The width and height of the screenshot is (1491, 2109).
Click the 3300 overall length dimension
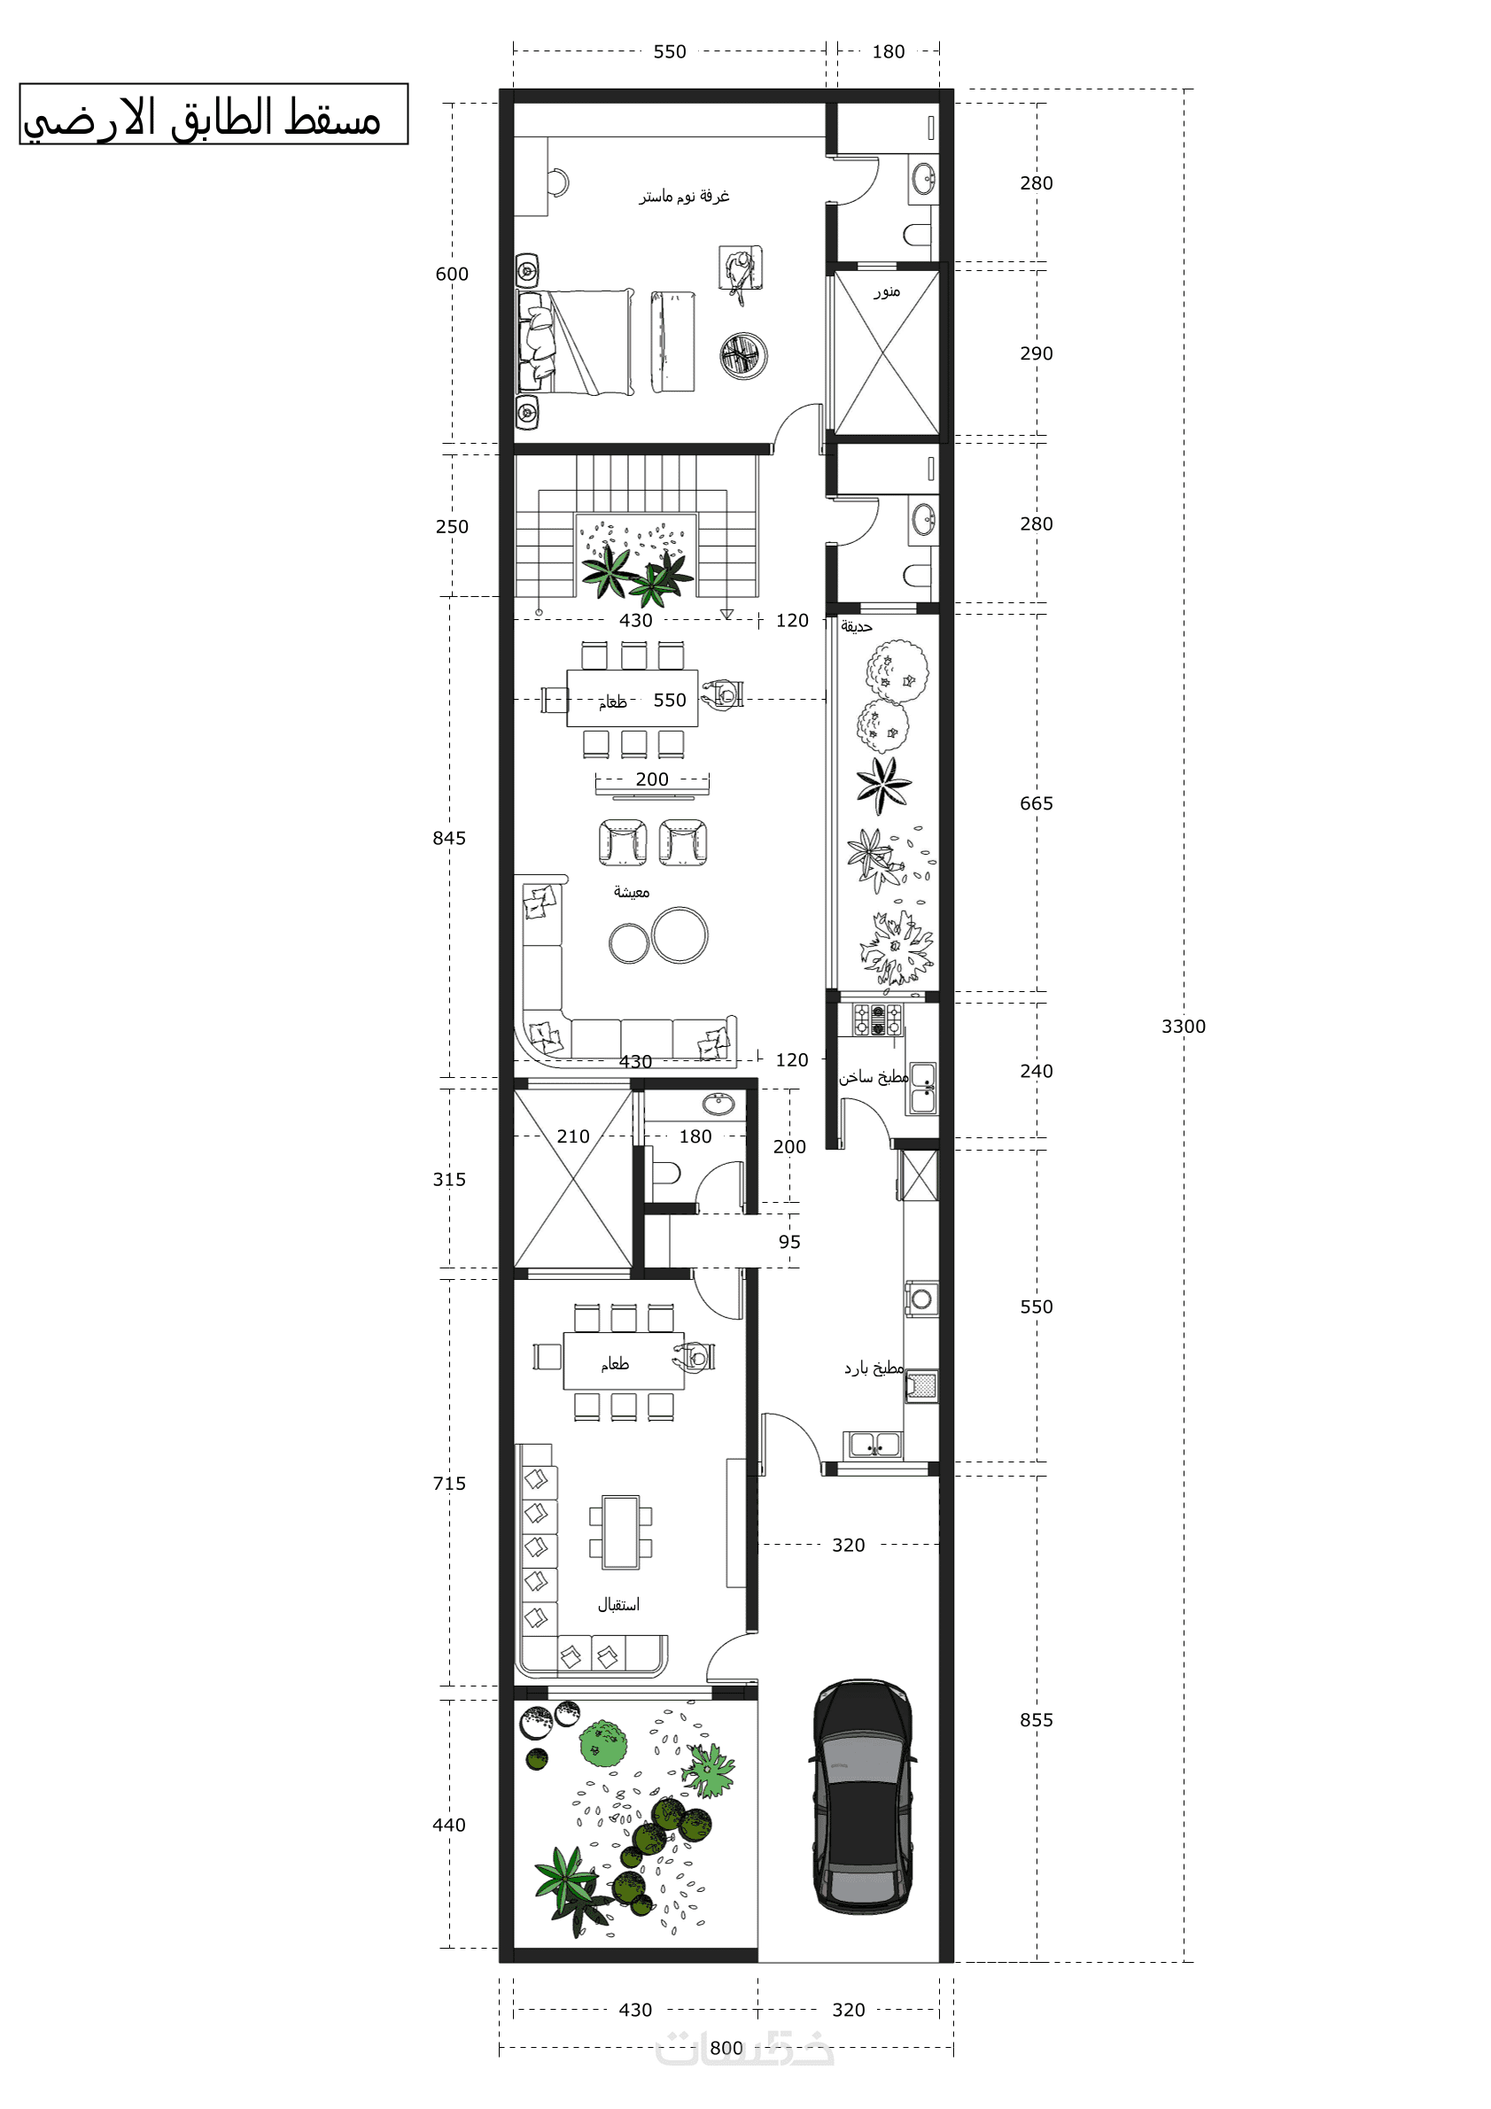tap(1183, 1026)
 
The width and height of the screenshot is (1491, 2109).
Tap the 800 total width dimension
tap(726, 2048)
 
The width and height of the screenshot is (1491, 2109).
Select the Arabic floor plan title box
tap(214, 114)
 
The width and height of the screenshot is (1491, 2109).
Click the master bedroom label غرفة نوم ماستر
tap(685, 196)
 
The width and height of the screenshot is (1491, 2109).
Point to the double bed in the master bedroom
tap(575, 342)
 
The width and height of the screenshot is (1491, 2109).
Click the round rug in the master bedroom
tap(743, 355)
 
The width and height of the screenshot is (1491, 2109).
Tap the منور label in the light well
tap(887, 292)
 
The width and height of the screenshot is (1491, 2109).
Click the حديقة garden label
tap(856, 626)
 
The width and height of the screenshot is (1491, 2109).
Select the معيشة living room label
tap(631, 892)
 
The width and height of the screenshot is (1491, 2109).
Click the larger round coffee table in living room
tap(679, 935)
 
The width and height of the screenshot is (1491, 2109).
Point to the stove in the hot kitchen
tap(877, 1020)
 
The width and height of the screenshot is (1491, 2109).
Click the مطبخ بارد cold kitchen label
tap(874, 1368)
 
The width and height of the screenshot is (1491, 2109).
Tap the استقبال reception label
tap(618, 1605)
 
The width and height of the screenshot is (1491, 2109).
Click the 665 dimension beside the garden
tap(1036, 803)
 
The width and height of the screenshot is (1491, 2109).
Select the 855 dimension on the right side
tap(1036, 1719)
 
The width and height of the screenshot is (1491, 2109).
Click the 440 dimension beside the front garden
tap(448, 1825)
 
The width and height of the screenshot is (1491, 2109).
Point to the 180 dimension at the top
tap(888, 51)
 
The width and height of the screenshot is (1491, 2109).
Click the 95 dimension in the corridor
tap(789, 1241)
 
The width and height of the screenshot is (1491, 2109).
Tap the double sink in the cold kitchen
tap(874, 1445)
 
